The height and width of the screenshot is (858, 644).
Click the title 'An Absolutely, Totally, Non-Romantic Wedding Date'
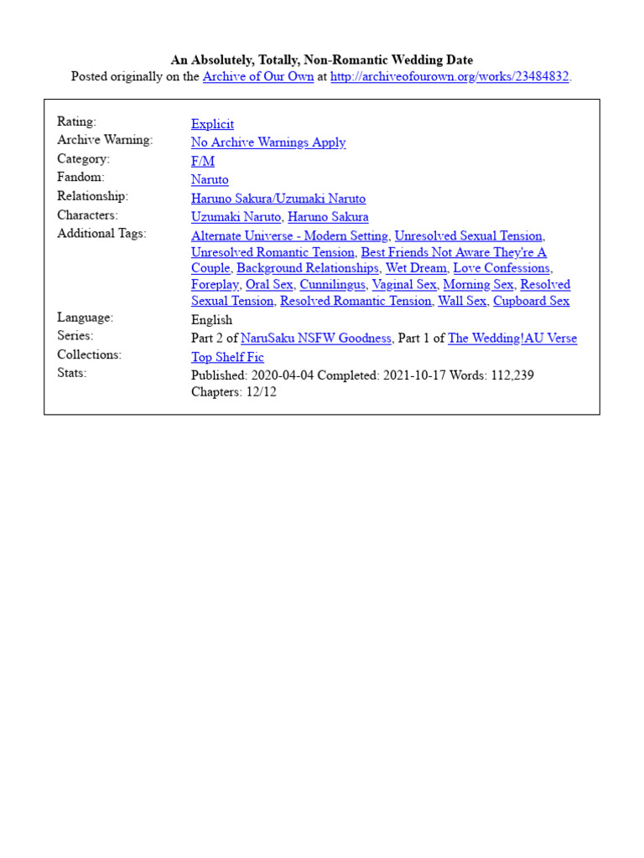[322, 59]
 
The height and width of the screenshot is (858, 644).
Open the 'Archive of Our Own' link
[258, 77]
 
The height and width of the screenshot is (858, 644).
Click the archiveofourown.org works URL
[449, 77]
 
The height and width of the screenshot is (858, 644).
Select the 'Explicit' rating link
[212, 124]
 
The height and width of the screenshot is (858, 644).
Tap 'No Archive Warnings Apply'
[268, 142]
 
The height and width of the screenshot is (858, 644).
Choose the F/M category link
[203, 161]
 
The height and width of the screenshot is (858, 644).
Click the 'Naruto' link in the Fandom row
[210, 179]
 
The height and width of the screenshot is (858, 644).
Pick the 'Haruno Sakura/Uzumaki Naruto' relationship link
[278, 199]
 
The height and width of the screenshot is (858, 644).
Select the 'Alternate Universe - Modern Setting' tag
[289, 236]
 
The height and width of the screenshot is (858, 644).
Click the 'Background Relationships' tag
[308, 268]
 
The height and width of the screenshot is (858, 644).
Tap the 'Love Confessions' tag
[501, 268]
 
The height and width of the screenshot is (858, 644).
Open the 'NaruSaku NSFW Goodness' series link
[316, 339]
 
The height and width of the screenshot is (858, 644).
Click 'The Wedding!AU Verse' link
[512, 339]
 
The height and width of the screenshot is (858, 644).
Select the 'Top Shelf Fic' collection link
[227, 357]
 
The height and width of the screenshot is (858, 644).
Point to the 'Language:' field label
[85, 318]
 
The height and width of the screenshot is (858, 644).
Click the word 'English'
[211, 320]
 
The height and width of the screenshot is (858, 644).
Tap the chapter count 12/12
[260, 392]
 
